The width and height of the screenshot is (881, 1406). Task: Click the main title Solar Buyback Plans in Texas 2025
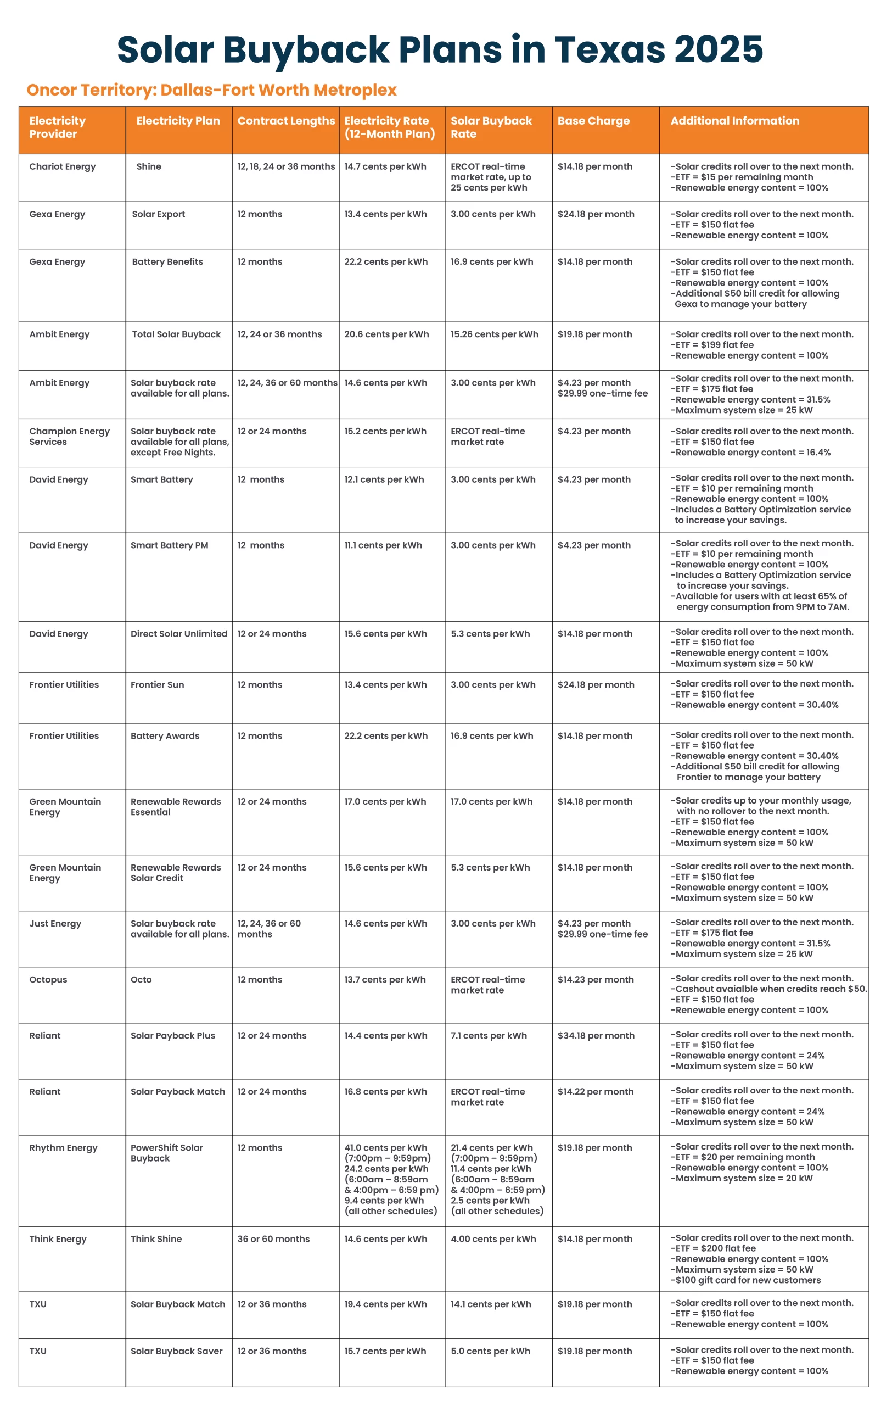[440, 49]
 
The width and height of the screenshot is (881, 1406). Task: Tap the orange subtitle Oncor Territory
[211, 91]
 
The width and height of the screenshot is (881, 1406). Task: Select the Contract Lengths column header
[285, 121]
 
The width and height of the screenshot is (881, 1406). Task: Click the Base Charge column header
[593, 121]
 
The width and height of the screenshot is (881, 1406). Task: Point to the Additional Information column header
[734, 121]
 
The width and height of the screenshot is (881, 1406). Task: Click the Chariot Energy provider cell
[63, 167]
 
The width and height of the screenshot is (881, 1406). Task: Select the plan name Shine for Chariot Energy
[149, 167]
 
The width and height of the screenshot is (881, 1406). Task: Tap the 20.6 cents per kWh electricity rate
[386, 334]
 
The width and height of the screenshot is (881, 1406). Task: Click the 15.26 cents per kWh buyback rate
[494, 334]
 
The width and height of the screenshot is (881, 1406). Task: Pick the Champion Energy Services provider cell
[69, 437]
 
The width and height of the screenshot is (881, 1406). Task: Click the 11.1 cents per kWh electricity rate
[383, 545]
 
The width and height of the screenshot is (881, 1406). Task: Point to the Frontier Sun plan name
[157, 685]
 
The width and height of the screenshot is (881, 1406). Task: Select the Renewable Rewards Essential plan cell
[176, 807]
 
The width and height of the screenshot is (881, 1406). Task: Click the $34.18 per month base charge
[596, 1036]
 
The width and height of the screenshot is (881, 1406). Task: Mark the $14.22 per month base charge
[595, 1092]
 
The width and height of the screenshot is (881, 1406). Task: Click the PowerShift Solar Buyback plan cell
[167, 1153]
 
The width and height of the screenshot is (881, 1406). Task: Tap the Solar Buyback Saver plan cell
[176, 1351]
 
